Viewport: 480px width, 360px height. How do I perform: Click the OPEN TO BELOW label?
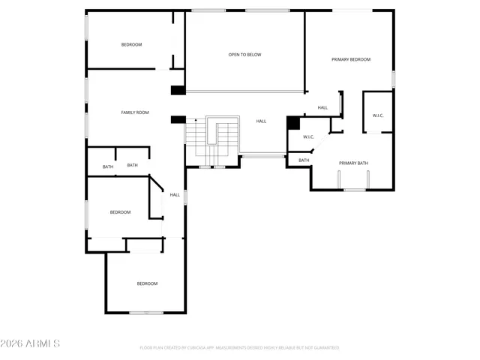click(x=244, y=55)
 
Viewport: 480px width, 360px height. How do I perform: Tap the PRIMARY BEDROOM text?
click(x=351, y=59)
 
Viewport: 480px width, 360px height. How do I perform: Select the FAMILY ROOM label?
click(x=135, y=112)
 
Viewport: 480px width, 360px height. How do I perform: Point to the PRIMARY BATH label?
click(x=352, y=163)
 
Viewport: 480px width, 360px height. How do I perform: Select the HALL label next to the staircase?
click(x=261, y=121)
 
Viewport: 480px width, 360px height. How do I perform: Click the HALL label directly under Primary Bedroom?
click(x=322, y=107)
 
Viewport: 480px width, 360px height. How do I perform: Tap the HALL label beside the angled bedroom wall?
click(x=175, y=195)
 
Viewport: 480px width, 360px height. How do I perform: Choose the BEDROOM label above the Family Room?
click(x=131, y=45)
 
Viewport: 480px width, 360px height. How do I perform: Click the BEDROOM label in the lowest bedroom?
click(x=147, y=283)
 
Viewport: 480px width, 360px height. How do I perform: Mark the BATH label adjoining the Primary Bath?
click(x=304, y=160)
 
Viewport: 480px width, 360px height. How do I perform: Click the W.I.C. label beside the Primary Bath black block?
click(x=308, y=136)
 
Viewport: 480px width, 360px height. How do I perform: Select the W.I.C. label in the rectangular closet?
click(x=377, y=115)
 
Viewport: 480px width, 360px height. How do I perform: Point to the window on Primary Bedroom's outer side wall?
click(x=393, y=79)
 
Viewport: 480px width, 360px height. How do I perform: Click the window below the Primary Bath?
click(x=354, y=190)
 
